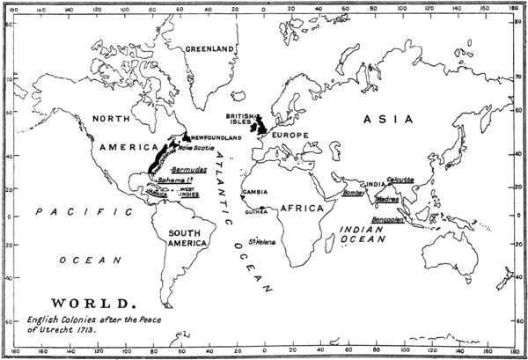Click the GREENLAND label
[x=210, y=48]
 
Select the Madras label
[x=387, y=199]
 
